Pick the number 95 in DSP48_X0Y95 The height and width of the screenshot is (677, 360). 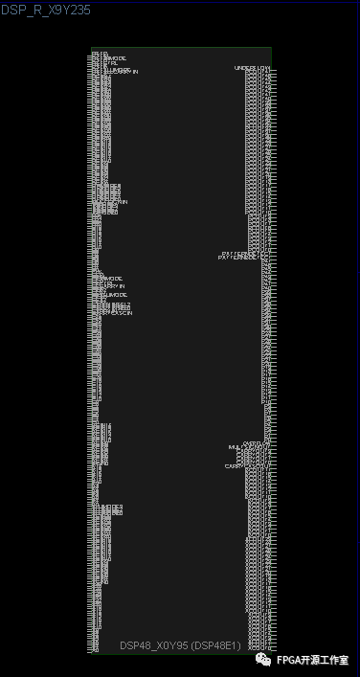click(x=181, y=646)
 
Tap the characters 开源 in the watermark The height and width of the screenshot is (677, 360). click(x=312, y=660)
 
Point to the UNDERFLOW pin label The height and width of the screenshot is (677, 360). click(x=252, y=68)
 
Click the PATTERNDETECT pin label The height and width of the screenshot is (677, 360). click(x=240, y=253)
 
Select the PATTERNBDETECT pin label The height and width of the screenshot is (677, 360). click(x=238, y=258)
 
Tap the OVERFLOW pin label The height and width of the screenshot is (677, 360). click(x=254, y=443)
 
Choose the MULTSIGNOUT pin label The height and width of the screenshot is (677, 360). click(x=246, y=448)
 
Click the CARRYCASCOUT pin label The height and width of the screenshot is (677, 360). click(x=243, y=466)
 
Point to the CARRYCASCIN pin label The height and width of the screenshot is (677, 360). click(x=113, y=313)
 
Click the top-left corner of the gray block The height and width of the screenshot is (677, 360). click(x=92, y=48)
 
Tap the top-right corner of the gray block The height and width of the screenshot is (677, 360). click(x=271, y=48)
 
